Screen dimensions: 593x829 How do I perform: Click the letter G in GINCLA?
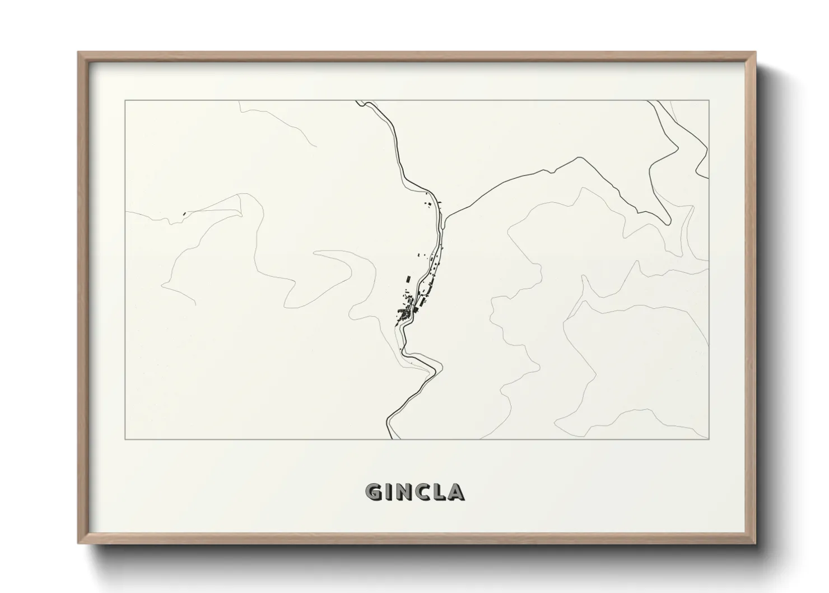tap(374, 493)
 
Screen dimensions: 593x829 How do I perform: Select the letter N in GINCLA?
tap(405, 493)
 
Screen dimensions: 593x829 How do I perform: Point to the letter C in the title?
tap(423, 493)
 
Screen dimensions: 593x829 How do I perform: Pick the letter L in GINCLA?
tap(439, 493)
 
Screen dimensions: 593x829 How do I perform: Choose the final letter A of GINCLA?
tap(456, 493)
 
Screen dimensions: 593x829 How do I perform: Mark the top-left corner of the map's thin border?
tap(125, 100)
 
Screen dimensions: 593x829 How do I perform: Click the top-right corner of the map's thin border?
tap(709, 100)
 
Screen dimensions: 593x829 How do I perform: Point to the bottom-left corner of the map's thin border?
tap(125, 439)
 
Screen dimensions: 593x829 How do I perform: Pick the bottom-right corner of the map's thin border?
tap(709, 439)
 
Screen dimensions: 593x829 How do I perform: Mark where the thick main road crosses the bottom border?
tap(390, 439)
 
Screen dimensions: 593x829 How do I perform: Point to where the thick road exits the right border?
tap(709, 178)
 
